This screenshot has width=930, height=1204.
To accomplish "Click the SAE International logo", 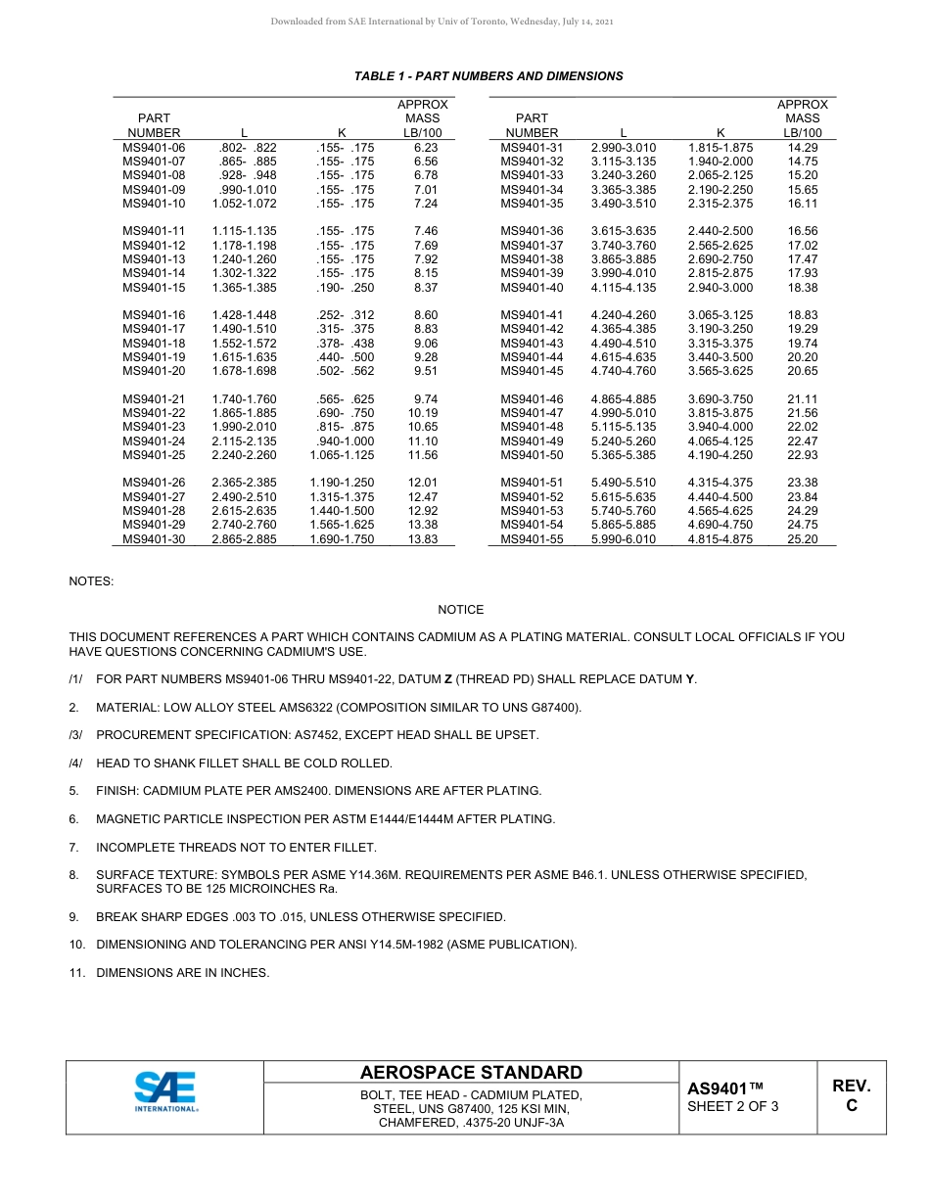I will point(165,1091).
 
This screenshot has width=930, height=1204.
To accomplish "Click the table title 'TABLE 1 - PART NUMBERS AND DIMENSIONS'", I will point(488,76).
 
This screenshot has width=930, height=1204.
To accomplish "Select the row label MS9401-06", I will point(154,148).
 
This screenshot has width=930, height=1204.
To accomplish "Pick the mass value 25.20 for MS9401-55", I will point(803,539).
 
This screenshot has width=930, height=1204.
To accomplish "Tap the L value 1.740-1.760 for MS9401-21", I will point(244,399).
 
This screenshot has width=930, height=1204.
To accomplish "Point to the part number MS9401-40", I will point(532,288).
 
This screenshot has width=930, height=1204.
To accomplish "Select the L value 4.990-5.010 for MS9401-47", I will point(624,414).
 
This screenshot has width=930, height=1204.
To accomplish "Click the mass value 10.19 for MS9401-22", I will point(423,414).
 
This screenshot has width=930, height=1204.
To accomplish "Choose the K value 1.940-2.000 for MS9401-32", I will point(721,162).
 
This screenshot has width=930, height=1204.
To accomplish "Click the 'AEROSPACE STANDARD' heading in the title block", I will point(471,1073).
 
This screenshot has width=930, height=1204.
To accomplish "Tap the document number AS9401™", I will point(724,1088).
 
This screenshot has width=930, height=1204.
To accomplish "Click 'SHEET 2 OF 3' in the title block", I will point(733,1107).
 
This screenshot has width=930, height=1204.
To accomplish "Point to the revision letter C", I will point(851,1106).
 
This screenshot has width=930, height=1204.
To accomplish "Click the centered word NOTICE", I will point(460,610).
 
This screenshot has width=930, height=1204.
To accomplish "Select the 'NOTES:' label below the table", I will point(91,581).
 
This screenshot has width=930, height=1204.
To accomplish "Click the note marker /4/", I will point(75,764).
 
